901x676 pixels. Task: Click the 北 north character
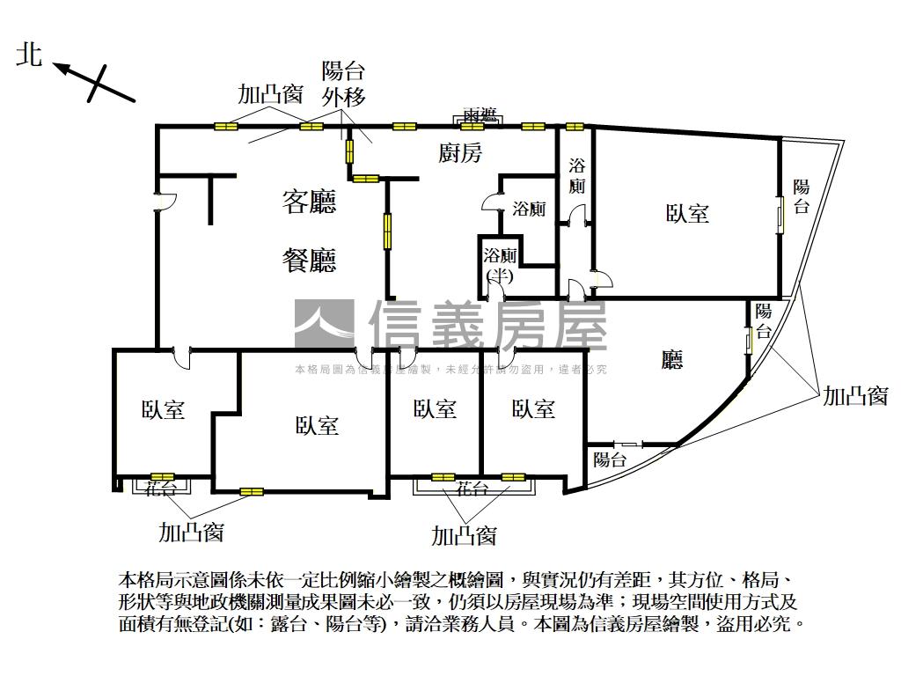(x=30, y=55)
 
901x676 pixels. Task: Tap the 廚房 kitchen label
(x=460, y=153)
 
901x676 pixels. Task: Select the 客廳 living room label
(x=309, y=203)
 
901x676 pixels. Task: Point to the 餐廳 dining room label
(x=309, y=261)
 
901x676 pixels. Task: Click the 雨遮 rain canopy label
(x=480, y=116)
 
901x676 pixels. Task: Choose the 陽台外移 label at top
(x=343, y=84)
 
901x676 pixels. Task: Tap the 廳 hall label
(x=672, y=359)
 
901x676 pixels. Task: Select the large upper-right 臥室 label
(x=687, y=213)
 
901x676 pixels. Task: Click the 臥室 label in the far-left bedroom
(x=163, y=409)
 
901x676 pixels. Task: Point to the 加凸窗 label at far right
(x=855, y=396)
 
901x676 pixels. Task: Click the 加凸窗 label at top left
(x=271, y=94)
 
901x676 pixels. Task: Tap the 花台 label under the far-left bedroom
(x=160, y=485)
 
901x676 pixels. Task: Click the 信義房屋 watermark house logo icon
(x=324, y=324)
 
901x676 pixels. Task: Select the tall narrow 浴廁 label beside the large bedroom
(x=577, y=175)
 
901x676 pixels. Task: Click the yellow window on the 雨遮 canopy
(x=472, y=127)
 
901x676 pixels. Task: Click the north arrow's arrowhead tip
(x=55, y=64)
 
